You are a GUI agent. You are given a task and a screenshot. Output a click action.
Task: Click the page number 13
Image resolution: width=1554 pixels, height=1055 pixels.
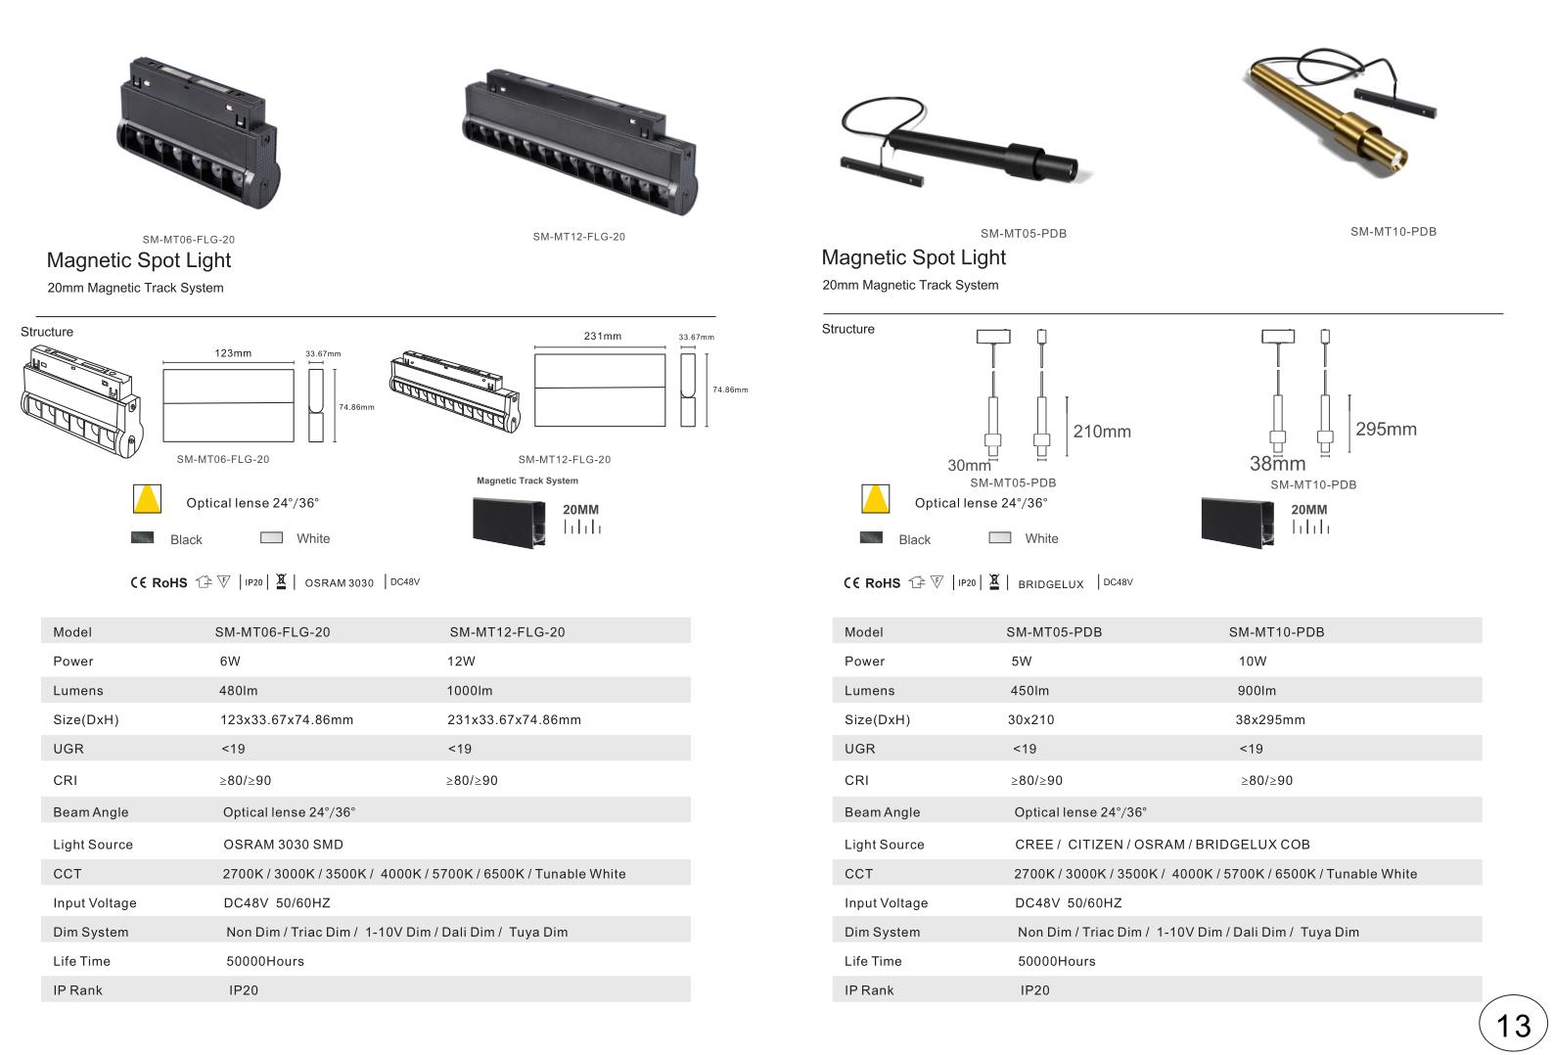[x=1512, y=1027]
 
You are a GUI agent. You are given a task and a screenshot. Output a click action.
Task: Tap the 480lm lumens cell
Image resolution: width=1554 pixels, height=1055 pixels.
[x=238, y=691]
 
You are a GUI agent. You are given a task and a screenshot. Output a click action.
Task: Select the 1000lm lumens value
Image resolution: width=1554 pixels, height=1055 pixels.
[x=470, y=691]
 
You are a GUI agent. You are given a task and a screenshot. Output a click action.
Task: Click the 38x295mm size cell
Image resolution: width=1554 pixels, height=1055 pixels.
[x=1270, y=720]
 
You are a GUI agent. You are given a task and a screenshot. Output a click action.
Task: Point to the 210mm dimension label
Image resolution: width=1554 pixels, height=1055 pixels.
[x=1102, y=432]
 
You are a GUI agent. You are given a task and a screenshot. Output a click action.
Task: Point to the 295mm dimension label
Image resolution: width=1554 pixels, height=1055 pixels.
[x=1386, y=430]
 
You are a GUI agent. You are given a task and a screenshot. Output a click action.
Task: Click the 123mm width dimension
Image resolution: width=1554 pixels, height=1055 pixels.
[x=233, y=353]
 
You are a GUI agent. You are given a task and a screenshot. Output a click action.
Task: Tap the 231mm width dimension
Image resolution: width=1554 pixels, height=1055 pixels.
[x=602, y=336]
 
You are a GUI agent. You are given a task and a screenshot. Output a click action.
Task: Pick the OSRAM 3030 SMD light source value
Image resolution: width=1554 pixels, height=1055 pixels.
[x=283, y=845]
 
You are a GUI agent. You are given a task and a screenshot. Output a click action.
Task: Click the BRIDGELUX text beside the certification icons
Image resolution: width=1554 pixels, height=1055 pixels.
[x=1050, y=584]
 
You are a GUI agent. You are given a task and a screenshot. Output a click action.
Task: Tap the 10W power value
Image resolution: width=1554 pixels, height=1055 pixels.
[x=1253, y=662]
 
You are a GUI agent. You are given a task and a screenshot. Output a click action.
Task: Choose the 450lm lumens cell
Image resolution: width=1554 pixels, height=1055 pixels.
[x=1029, y=691]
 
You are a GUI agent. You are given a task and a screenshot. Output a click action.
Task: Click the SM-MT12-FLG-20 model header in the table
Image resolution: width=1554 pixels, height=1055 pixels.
[x=507, y=632]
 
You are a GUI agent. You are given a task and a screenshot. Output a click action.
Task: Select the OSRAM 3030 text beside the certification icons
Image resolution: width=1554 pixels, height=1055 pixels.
[x=340, y=583]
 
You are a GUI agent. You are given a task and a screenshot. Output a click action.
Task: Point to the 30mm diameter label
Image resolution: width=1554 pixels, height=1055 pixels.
[x=969, y=466]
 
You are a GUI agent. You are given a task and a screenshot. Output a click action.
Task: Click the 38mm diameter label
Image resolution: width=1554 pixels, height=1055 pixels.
[x=1277, y=463]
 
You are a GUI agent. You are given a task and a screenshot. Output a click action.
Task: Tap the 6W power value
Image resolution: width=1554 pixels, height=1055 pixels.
[x=230, y=662]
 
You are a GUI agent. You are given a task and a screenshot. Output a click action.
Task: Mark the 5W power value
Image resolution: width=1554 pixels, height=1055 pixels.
[x=1022, y=662]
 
